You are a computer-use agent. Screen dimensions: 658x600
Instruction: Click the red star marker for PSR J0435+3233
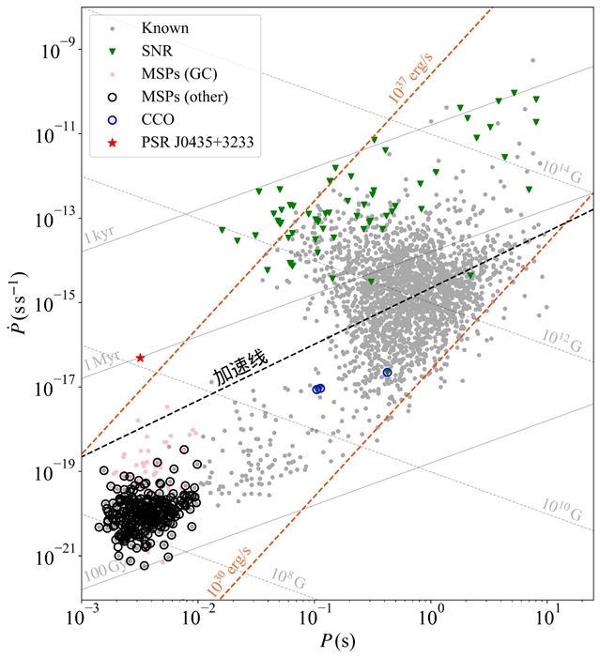(x=140, y=358)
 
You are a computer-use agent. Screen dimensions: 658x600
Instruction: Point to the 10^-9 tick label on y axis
(x=56, y=50)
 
